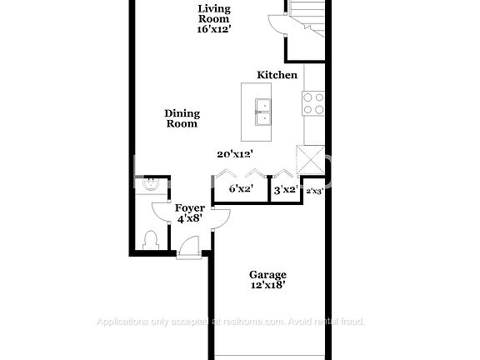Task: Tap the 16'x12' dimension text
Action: pos(214,27)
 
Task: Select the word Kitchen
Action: pos(277,75)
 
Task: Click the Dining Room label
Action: pos(181,118)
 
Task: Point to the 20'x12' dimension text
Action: pos(234,153)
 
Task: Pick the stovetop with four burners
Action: pos(313,103)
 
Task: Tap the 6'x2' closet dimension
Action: pos(241,189)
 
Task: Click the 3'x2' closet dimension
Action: pos(286,189)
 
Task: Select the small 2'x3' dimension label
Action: pos(314,191)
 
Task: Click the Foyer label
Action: pos(186,207)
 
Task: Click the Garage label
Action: pos(268,274)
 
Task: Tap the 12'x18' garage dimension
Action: pos(268,285)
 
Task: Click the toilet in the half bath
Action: pos(151,240)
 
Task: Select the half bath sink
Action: pos(152,185)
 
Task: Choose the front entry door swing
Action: pos(190,247)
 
